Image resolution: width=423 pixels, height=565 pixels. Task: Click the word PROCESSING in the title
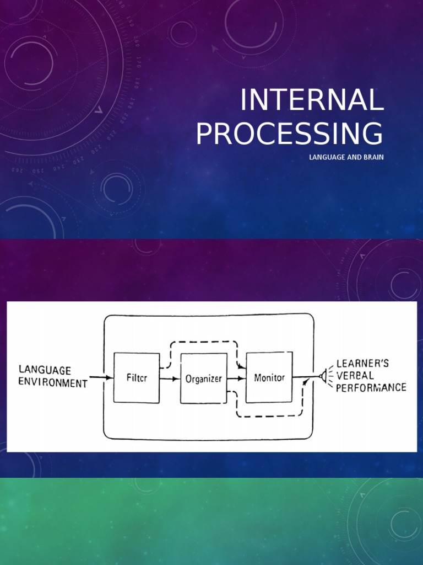[290, 134]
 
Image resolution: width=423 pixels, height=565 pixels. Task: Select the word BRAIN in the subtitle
[373, 158]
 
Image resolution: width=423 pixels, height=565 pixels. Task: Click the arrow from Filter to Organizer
[170, 379]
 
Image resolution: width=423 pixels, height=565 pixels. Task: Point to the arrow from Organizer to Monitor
[237, 379]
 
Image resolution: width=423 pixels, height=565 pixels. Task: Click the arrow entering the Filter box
[101, 378]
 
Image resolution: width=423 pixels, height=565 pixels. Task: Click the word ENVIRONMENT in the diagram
[53, 383]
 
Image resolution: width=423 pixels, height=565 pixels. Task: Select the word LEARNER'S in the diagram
[362, 364]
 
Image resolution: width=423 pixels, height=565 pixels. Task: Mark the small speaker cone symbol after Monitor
[321, 377]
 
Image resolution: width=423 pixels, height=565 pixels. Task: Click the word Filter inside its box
[136, 379]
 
